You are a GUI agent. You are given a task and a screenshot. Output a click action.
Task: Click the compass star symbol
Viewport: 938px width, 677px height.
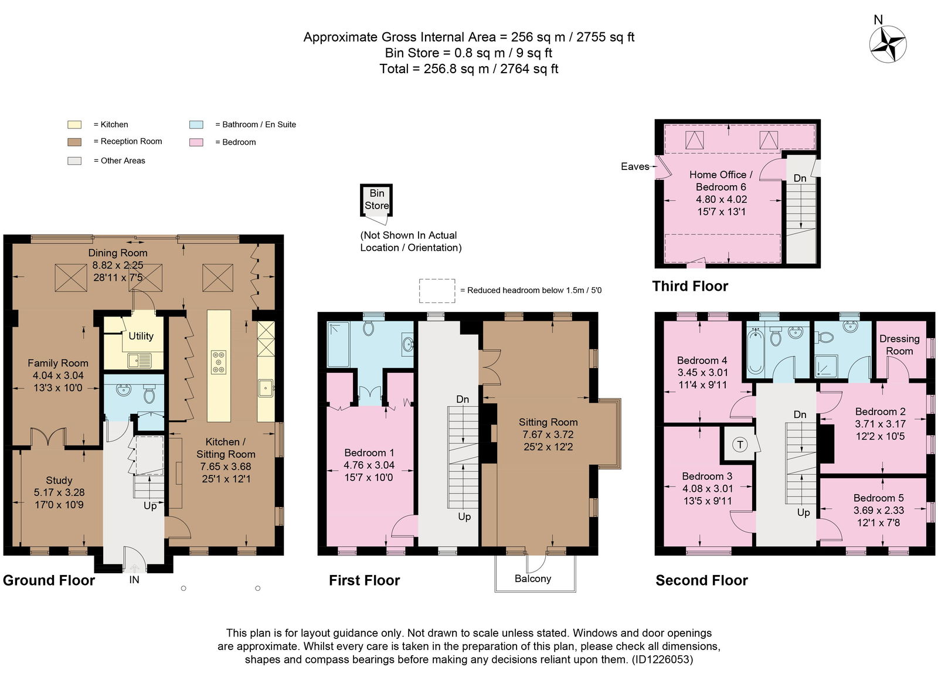[x=888, y=45]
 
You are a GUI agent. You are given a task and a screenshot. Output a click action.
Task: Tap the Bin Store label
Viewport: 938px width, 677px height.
[x=376, y=199]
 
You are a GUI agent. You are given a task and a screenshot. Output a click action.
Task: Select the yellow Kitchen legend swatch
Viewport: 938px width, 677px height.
[x=74, y=124]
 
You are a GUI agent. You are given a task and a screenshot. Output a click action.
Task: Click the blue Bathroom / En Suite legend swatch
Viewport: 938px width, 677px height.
[x=196, y=124]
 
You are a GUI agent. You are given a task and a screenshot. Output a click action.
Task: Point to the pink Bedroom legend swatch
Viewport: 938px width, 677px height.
[x=196, y=142]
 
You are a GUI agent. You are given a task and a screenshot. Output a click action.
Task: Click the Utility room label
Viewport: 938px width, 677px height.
[x=141, y=336]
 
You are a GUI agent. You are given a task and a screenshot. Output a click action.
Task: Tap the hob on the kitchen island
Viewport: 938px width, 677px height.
[x=219, y=362]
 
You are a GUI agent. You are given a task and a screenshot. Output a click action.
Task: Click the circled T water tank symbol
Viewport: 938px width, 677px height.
[x=740, y=444]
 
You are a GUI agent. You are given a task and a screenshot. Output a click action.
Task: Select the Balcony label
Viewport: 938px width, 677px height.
[x=533, y=579]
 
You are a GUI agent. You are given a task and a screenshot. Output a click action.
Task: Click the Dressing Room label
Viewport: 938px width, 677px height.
[x=899, y=345]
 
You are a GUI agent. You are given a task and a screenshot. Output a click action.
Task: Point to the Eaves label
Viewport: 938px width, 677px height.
[x=635, y=166]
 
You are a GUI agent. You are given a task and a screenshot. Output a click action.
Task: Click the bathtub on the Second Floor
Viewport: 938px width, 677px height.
[x=756, y=351]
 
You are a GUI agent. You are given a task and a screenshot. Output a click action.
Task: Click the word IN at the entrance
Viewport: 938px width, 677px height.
[x=134, y=580]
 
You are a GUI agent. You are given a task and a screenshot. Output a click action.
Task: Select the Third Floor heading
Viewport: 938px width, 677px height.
[x=690, y=287]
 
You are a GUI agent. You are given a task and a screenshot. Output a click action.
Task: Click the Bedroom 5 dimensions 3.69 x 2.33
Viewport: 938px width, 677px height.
[x=879, y=511]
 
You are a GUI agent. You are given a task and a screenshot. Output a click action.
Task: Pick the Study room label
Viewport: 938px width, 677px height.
[x=59, y=480]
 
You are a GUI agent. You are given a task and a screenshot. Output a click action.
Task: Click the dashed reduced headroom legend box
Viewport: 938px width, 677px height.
[x=437, y=291]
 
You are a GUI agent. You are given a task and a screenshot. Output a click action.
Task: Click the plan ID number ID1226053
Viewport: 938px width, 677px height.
[x=662, y=660]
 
